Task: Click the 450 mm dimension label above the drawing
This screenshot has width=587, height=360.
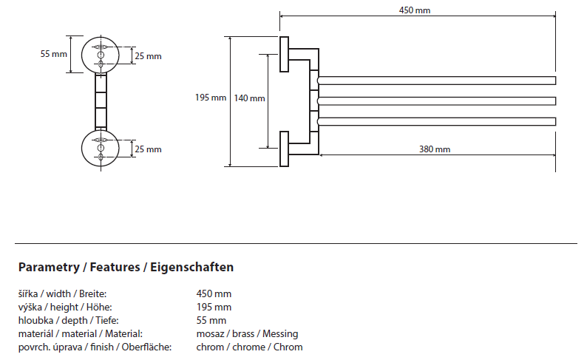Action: tap(415, 10)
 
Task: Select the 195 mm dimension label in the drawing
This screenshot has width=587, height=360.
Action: tap(211, 98)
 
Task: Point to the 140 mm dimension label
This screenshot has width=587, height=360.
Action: tap(249, 98)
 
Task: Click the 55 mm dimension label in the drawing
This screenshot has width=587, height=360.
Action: tap(53, 54)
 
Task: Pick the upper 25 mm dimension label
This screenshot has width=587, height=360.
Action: tap(148, 56)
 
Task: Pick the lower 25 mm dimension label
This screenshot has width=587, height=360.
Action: tap(148, 149)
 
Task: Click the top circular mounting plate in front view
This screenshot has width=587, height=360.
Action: tap(101, 53)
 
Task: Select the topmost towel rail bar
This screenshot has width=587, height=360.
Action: tap(436, 80)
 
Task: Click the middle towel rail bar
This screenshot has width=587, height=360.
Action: tap(436, 101)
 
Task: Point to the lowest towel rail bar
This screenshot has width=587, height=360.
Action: tap(436, 121)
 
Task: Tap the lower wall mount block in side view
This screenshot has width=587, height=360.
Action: tap(284, 150)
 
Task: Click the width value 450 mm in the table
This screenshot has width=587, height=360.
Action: tap(214, 294)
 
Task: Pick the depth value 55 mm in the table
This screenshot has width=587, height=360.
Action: tap(211, 321)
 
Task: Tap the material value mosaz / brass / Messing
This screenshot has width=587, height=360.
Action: tap(247, 334)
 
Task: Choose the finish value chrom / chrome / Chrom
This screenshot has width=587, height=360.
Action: tap(249, 347)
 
